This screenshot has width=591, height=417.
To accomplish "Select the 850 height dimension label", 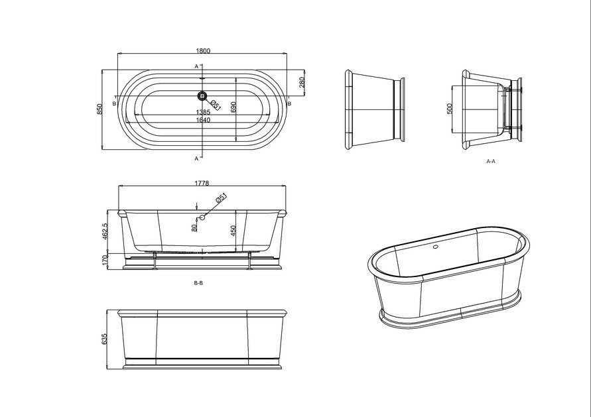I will coord(100,108).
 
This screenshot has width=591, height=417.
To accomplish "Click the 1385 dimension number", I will coord(203,113).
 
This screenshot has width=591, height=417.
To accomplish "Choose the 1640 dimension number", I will coord(203,120).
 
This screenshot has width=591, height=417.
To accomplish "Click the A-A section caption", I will coord(492,161).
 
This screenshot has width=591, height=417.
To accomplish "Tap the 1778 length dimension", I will coord(203,184).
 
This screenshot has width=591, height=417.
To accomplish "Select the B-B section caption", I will coord(198,283).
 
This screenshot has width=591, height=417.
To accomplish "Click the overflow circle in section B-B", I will coord(204,216).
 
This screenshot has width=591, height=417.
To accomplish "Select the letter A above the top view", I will coord(196,66).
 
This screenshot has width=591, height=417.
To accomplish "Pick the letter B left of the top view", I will coord(115,104).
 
